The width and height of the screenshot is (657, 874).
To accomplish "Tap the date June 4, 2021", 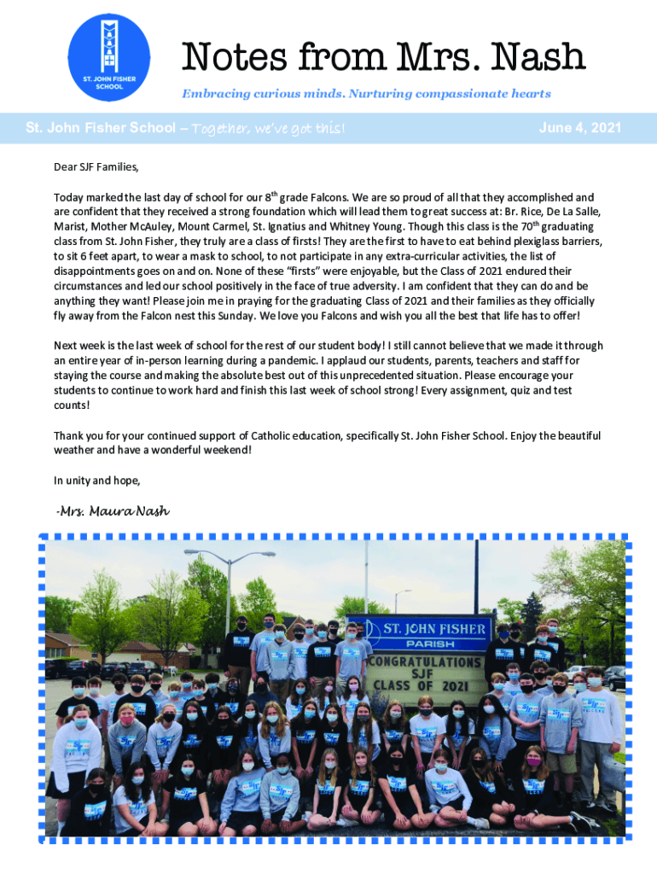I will tap(580, 128).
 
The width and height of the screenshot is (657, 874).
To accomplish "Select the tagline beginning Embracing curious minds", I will tap(366, 94).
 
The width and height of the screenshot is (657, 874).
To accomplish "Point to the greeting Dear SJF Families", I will tap(96, 166).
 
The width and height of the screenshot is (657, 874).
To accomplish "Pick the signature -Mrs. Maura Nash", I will tap(112, 511).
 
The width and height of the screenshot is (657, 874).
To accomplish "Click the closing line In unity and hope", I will tap(96, 481).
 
